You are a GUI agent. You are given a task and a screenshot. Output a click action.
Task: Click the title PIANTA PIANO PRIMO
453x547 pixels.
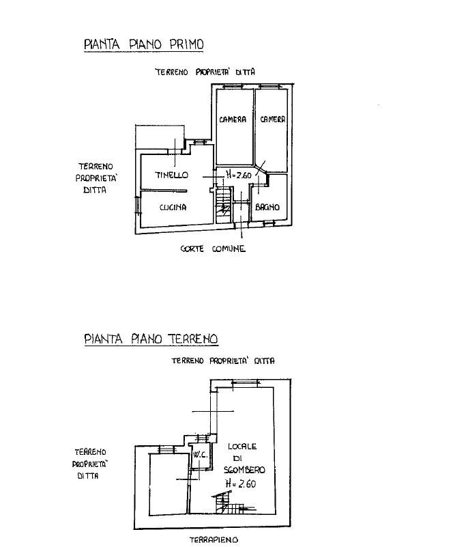tap(143, 44)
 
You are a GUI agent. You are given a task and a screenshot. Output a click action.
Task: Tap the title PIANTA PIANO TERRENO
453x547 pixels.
tap(151, 339)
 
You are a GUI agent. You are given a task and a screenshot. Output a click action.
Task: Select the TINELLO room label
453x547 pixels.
tap(171, 175)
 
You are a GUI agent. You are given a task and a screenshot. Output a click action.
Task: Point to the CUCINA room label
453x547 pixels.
tap(173, 208)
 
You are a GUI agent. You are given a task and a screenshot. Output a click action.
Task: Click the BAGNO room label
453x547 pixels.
tap(267, 207)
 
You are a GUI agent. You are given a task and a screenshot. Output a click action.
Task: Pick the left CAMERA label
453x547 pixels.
tap(233, 120)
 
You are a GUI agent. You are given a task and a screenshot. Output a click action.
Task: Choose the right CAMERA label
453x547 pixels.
tap(272, 120)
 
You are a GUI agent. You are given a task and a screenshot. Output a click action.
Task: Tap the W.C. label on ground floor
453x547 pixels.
tap(201, 455)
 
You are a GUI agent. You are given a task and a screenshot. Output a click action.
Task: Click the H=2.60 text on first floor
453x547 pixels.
tap(239, 174)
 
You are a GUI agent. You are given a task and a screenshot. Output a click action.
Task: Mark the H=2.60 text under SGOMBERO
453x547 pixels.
tap(241, 483)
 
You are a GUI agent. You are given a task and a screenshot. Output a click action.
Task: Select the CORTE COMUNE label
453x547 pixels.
tap(213, 249)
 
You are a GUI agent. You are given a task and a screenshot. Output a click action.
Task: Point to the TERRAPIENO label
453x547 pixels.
tap(214, 540)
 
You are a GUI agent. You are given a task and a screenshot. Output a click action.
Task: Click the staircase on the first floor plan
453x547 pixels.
tap(223, 205)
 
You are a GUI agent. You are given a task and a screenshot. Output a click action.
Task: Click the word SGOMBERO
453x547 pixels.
tap(244, 470)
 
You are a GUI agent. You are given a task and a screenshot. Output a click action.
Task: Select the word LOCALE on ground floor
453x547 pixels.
tap(242, 446)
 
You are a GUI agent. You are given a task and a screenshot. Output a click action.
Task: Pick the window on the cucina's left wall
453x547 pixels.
tap(137, 205)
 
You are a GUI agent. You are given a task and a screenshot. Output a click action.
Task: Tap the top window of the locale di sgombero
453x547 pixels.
tap(246, 382)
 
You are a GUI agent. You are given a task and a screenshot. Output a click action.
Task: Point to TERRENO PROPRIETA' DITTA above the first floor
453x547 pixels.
tap(205, 72)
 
